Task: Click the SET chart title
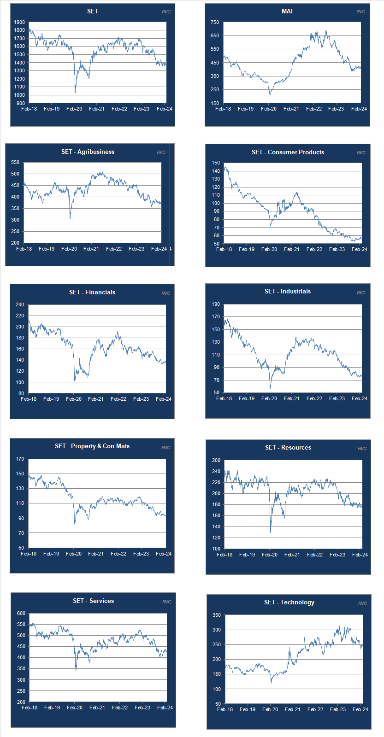93,11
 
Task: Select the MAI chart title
287,11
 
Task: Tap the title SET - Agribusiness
88,152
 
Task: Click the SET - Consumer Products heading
288,152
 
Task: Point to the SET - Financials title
92,292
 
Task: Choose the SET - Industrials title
288,291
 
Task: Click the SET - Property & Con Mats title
92,446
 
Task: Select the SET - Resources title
288,447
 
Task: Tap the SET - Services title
93,601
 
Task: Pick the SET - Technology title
289,602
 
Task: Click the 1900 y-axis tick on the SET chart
19,22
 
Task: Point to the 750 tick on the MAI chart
215,22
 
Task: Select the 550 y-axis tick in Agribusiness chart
15,162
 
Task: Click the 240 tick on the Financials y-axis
19,304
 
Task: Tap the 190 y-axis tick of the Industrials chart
216,304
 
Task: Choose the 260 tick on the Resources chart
216,460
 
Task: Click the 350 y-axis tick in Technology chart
217,615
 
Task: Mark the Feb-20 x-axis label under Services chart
75,708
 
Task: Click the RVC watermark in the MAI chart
360,12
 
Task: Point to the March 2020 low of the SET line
75,92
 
